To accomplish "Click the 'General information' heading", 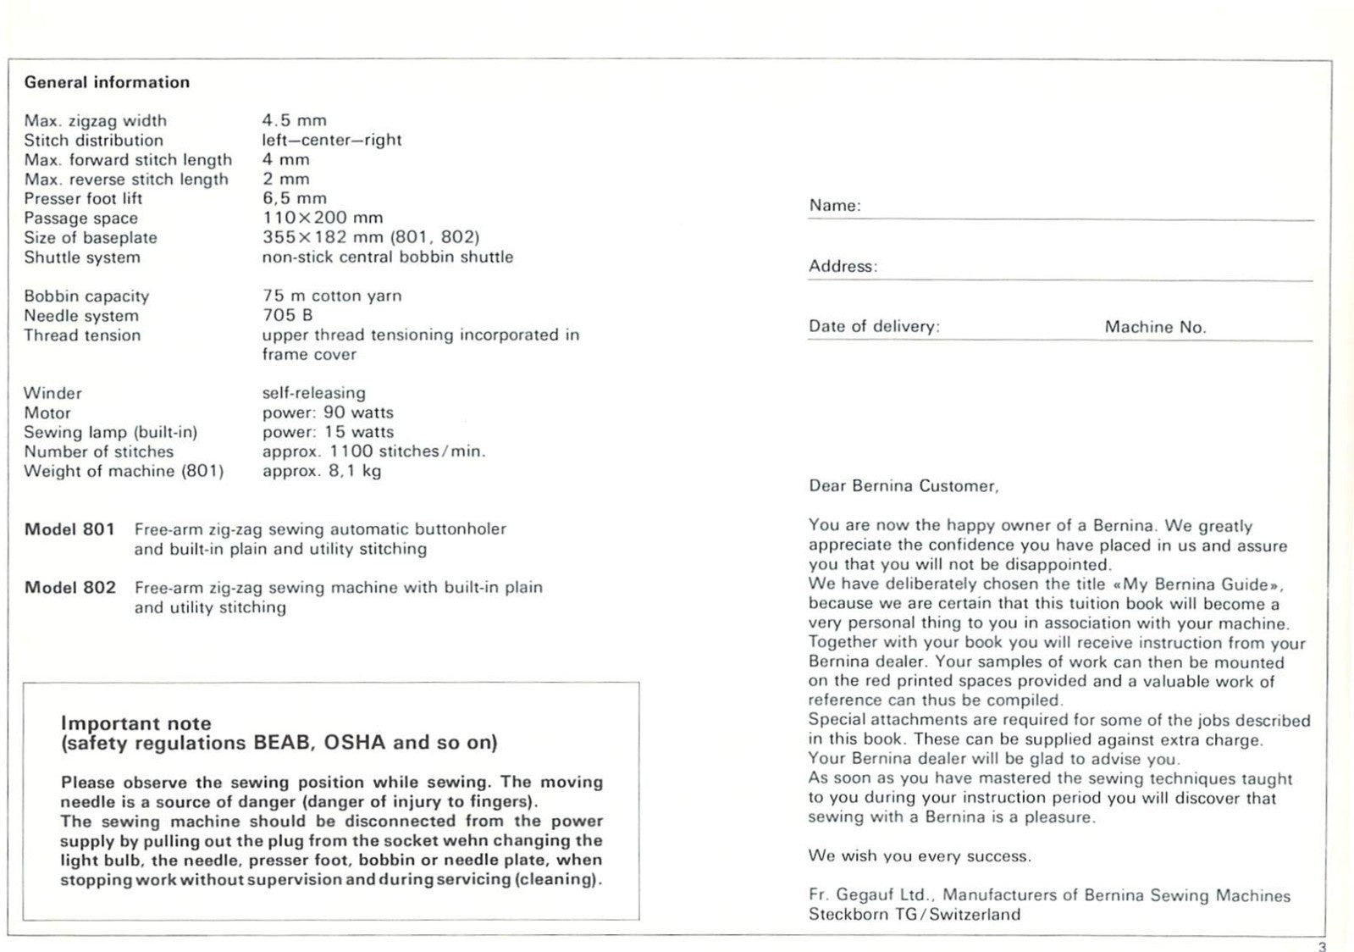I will (107, 82).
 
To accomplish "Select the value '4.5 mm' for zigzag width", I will (294, 120).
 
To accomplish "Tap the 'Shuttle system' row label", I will (82, 257).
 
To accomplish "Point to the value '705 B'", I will (287, 315).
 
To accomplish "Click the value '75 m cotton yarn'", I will (332, 296).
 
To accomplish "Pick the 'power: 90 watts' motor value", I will (328, 412).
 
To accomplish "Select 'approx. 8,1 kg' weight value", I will (322, 471).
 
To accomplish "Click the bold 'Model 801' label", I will (69, 529).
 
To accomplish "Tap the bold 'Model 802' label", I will (69, 588).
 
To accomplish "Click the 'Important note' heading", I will (135, 723).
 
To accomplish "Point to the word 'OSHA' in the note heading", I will (355, 743).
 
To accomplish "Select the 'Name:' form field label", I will (834, 206).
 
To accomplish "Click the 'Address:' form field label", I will (843, 266).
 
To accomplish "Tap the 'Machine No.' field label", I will (1155, 327).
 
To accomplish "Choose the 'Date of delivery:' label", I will (874, 327).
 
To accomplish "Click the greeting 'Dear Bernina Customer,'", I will (904, 486).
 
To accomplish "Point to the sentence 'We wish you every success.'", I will (920, 856).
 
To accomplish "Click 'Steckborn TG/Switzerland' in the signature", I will (915, 915).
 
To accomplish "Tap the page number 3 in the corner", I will (1323, 946).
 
